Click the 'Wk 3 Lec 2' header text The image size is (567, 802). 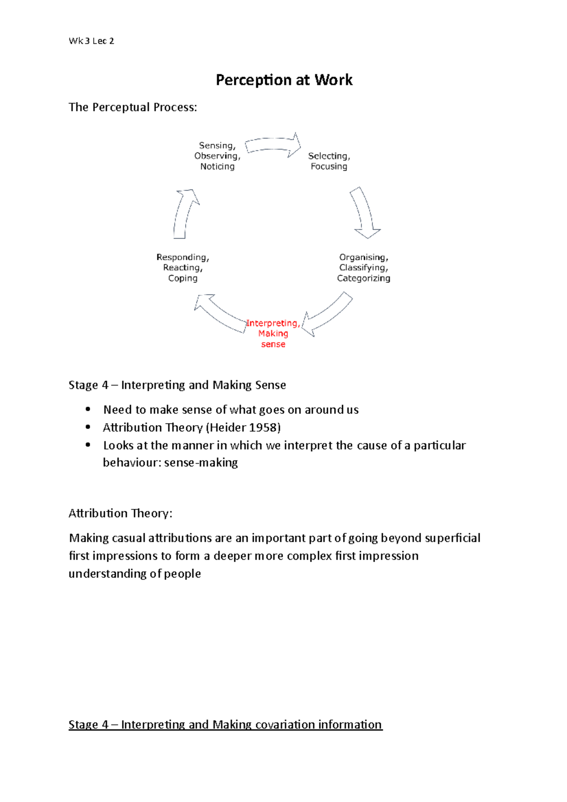pos(91,41)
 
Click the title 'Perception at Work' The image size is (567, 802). pos(284,80)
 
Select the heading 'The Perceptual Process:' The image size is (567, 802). pos(132,107)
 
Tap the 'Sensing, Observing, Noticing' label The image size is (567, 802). pos(217,156)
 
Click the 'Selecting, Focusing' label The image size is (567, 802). pos(329,161)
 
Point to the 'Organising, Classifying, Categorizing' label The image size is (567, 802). pos(363,268)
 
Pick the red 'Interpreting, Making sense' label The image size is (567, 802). pos(273,333)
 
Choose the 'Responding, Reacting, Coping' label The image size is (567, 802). pos(183,268)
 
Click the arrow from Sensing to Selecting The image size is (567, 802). pos(273,145)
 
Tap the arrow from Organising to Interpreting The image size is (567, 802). pos(327,315)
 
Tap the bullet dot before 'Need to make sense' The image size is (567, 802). pos(88,409)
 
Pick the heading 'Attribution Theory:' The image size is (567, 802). pos(120,513)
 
